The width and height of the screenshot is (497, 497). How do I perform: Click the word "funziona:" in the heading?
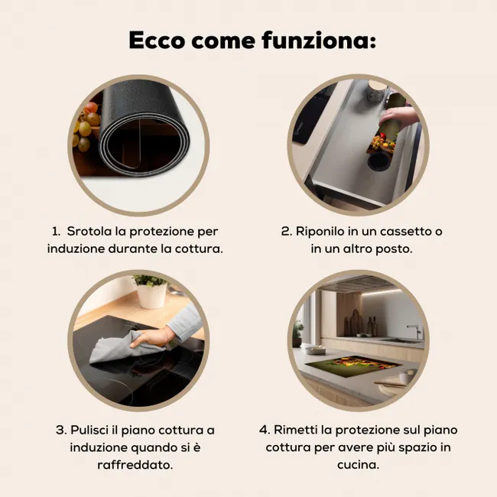pos(319,41)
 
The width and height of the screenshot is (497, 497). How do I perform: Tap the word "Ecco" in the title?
pos(157,41)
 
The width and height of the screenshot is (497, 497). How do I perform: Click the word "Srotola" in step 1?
pos(89,232)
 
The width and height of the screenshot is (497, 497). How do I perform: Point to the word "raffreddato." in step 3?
pos(135,465)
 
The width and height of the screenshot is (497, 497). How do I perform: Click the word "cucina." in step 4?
pos(358,465)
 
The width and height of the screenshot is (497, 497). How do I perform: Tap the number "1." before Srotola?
pos(56,232)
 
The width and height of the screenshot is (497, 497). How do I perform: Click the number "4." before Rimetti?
pos(265,430)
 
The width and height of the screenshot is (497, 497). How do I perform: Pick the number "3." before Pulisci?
pos(61,430)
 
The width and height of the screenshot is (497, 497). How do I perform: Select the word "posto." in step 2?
pos(394,249)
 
